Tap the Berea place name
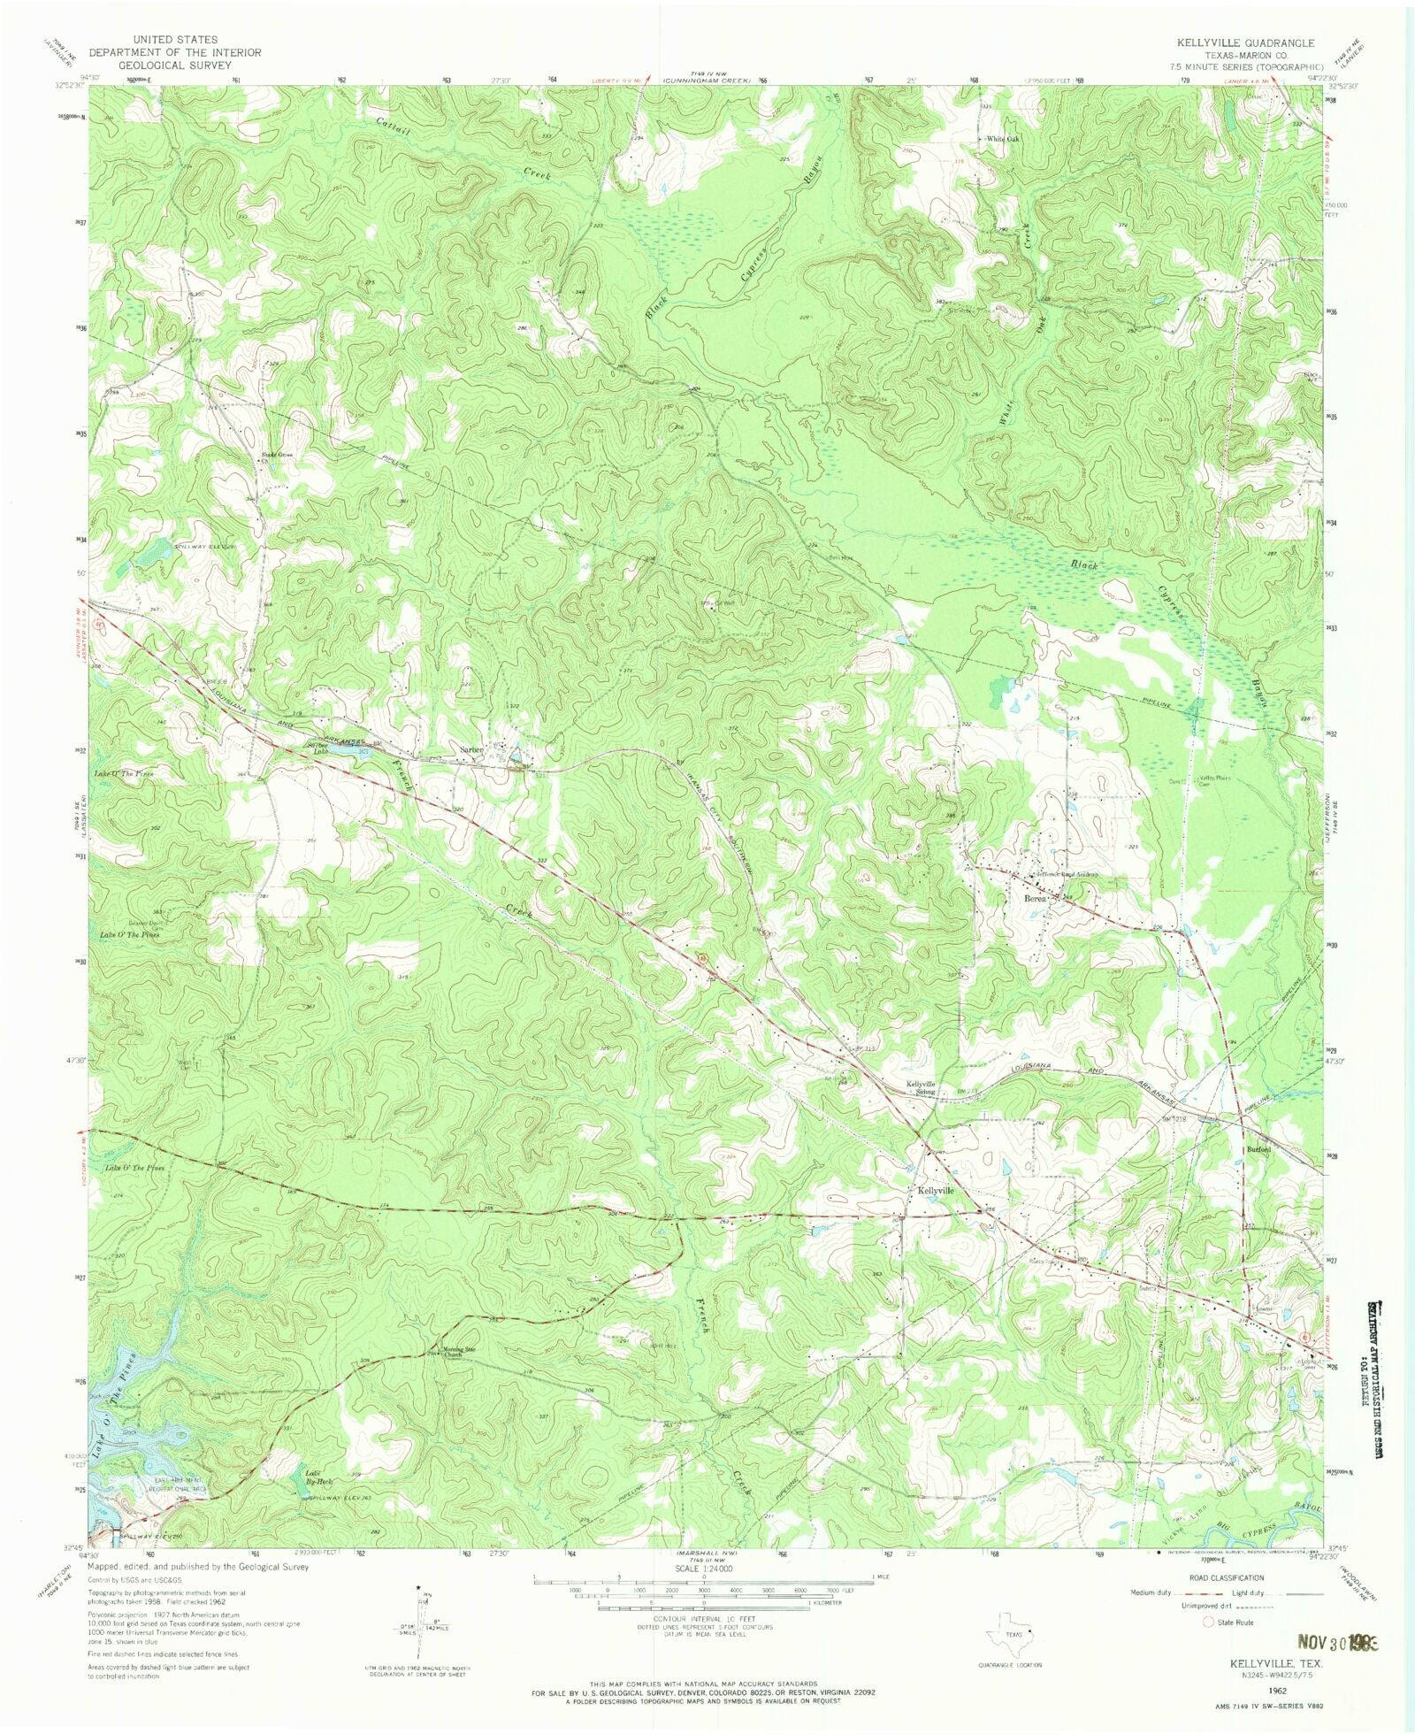point(1035,898)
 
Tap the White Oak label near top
point(1003,139)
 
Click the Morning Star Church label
point(459,1352)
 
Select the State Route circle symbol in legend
point(1208,1623)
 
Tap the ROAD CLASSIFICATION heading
point(1227,1577)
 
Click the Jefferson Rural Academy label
point(1067,874)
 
